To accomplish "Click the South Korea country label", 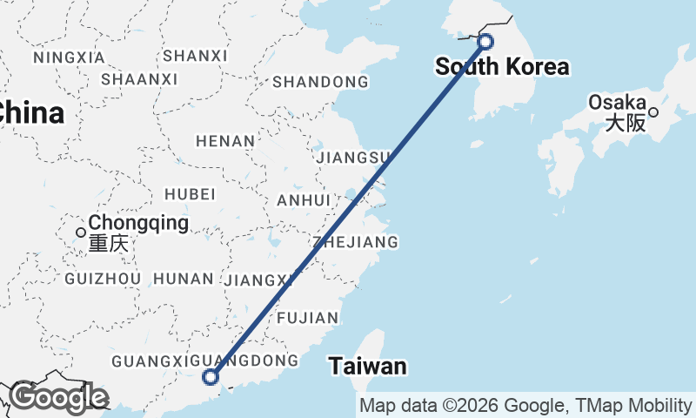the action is pyautogui.click(x=502, y=67).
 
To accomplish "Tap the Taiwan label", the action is pyautogui.click(x=368, y=367).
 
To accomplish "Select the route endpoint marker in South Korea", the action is pyautogui.click(x=485, y=41).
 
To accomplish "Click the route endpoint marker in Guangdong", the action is pyautogui.click(x=210, y=377).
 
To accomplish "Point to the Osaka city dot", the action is pyautogui.click(x=652, y=111).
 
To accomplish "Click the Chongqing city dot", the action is pyautogui.click(x=81, y=233).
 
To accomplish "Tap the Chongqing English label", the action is pyautogui.click(x=139, y=223).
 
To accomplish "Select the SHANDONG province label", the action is pyautogui.click(x=320, y=83).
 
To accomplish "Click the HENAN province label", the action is pyautogui.click(x=225, y=141).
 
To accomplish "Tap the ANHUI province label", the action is pyautogui.click(x=304, y=200).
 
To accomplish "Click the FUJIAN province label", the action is pyautogui.click(x=307, y=318).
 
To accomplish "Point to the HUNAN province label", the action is pyautogui.click(x=183, y=279).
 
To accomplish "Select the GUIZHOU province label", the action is pyautogui.click(x=103, y=279).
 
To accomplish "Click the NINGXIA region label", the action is pyautogui.click(x=69, y=57).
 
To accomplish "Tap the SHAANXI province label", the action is pyautogui.click(x=139, y=79).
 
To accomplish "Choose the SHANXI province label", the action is pyautogui.click(x=195, y=56).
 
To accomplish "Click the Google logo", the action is pyautogui.click(x=57, y=398).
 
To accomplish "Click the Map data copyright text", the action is pyautogui.click(x=526, y=406).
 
